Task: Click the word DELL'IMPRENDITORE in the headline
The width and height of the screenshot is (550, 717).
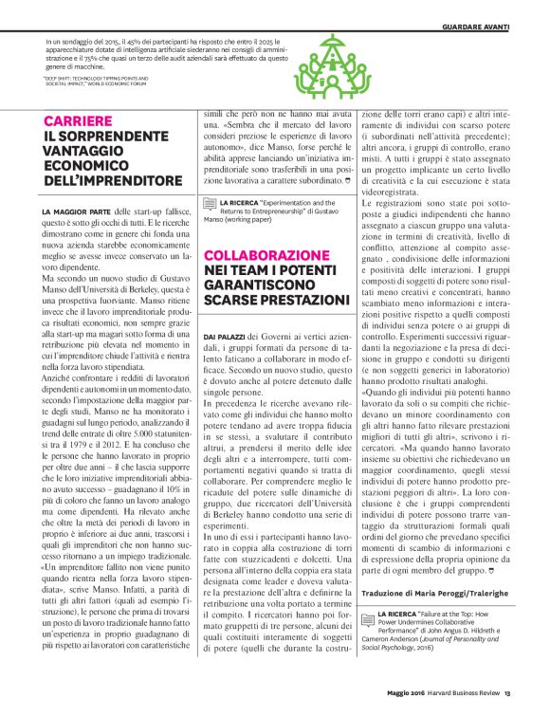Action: coord(112,180)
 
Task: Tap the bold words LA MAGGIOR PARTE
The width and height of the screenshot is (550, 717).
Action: coord(77,209)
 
